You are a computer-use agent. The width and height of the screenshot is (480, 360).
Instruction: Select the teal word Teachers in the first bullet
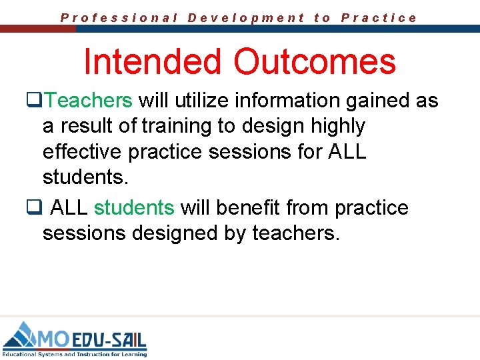[90, 101]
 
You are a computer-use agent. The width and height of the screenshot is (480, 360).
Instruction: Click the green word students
[134, 207]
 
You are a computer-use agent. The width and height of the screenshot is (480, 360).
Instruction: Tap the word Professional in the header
[119, 18]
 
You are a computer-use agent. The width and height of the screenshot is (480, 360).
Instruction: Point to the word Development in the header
[246, 18]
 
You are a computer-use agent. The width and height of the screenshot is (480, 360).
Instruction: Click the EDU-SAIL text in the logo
[109, 339]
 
